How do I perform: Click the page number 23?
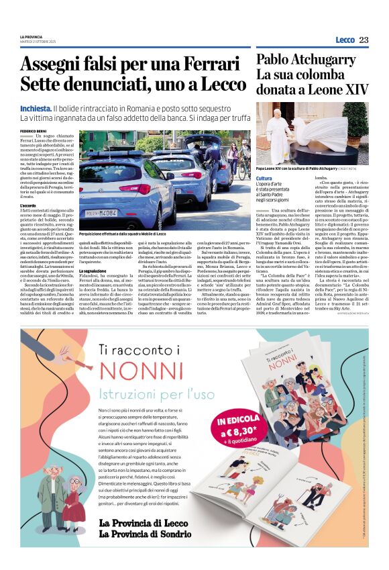(x=364, y=40)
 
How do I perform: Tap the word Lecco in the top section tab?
(x=345, y=40)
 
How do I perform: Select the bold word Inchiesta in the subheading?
(x=36, y=108)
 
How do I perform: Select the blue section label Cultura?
(x=264, y=178)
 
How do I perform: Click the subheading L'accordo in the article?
(x=28, y=205)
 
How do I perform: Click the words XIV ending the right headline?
(x=356, y=89)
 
